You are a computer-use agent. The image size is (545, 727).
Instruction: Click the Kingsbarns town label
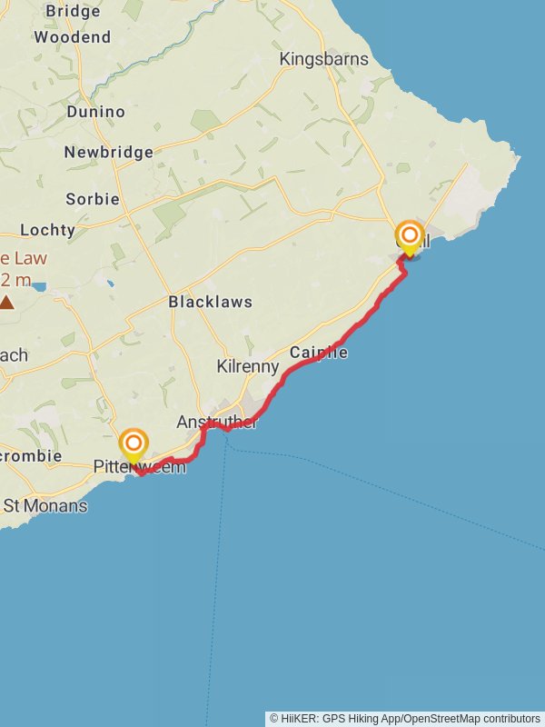(324, 59)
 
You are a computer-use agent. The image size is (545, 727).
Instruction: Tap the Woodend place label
(72, 37)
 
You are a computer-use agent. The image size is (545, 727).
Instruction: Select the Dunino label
(95, 112)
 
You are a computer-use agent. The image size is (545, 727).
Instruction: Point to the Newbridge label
(108, 152)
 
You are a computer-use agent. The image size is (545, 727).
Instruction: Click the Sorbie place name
(92, 198)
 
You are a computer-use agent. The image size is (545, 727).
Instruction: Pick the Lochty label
(47, 230)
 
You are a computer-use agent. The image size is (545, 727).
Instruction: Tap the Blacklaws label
(210, 302)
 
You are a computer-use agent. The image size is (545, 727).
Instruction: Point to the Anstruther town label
(217, 423)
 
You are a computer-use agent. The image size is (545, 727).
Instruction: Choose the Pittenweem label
(140, 467)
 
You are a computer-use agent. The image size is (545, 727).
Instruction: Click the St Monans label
(45, 505)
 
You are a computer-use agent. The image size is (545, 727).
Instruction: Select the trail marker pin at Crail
(410, 238)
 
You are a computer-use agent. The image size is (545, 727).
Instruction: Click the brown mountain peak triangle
(7, 302)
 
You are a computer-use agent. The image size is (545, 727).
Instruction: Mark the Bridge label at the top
(72, 11)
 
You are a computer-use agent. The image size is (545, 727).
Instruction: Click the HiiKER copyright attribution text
(405, 718)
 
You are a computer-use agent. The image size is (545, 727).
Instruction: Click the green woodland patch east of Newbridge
(205, 121)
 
